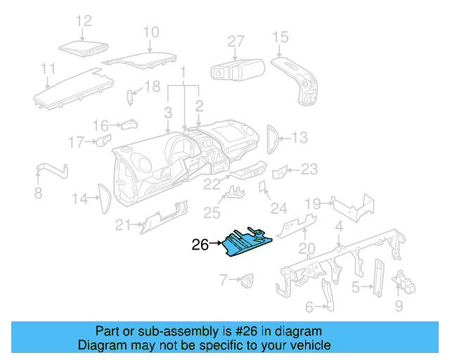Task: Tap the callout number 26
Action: point(200,245)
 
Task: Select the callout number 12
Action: point(84,21)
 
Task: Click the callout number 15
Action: point(281,37)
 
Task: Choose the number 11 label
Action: point(48,69)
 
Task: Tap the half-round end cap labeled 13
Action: point(273,137)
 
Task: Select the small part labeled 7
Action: point(247,281)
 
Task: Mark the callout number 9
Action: point(399,306)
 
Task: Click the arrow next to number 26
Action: point(217,245)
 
